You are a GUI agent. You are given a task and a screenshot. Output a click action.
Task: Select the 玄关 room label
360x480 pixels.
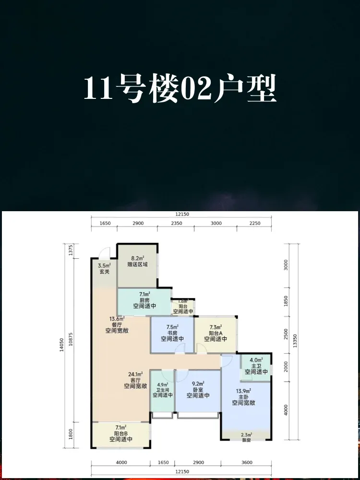(x=104, y=272)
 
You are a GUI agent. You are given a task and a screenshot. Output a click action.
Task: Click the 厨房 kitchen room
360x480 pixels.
(x=144, y=302)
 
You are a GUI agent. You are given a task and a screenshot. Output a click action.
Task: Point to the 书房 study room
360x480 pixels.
(x=172, y=335)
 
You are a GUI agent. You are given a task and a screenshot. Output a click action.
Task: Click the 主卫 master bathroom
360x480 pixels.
(x=256, y=368)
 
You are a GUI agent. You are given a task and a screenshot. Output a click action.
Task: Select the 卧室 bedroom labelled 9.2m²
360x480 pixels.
(x=198, y=391)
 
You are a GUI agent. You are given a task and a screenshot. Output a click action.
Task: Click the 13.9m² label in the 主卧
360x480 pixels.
(x=244, y=391)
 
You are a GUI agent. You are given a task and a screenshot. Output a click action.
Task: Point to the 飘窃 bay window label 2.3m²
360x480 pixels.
(x=246, y=434)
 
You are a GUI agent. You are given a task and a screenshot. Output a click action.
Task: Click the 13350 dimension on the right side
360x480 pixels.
(x=295, y=342)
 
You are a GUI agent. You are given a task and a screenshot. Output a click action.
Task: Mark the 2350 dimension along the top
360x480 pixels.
(x=176, y=223)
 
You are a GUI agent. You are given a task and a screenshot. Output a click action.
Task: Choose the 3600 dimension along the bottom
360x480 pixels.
(x=247, y=463)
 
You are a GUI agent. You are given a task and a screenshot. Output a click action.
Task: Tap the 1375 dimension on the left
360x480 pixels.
(x=71, y=251)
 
